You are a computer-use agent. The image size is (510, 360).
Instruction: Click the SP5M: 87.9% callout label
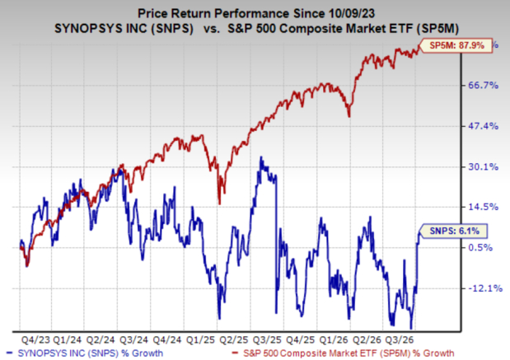click(456, 45)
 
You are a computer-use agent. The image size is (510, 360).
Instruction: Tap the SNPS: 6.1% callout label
click(454, 231)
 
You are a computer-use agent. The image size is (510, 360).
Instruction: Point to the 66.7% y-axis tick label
click(483, 86)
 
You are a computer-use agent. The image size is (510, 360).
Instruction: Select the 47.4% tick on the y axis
click(483, 126)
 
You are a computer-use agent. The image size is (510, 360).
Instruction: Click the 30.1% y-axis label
click(483, 167)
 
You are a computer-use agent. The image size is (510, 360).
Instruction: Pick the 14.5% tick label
click(483, 207)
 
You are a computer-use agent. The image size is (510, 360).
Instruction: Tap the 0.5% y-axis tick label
click(480, 248)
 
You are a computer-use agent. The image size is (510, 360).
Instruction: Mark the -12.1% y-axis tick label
click(485, 288)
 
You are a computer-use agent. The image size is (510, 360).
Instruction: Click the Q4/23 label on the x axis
click(35, 340)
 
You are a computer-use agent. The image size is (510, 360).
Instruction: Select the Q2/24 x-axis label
click(101, 340)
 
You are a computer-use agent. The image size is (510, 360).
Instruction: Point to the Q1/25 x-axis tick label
click(201, 340)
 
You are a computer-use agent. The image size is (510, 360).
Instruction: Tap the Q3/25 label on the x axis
click(267, 340)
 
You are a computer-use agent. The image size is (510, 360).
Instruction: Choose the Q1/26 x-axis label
click(334, 340)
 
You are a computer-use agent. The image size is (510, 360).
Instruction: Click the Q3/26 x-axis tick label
click(400, 340)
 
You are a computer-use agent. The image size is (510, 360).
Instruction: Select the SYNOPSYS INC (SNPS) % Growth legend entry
click(85, 353)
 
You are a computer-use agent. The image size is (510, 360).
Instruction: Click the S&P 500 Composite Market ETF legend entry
click(344, 353)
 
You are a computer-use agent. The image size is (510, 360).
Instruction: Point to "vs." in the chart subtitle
click(212, 29)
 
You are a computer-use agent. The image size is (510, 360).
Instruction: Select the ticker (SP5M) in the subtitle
click(437, 29)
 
